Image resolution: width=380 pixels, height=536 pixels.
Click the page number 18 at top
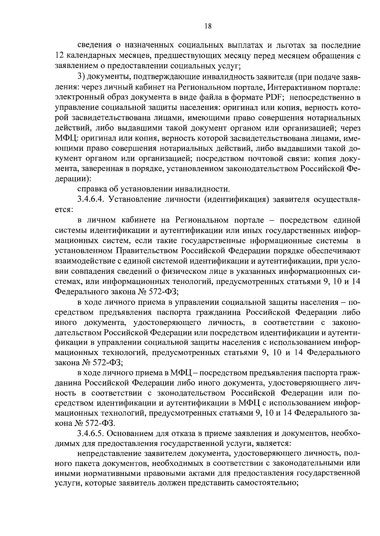tap(208, 26)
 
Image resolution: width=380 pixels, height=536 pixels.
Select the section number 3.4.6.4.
tap(92, 200)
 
